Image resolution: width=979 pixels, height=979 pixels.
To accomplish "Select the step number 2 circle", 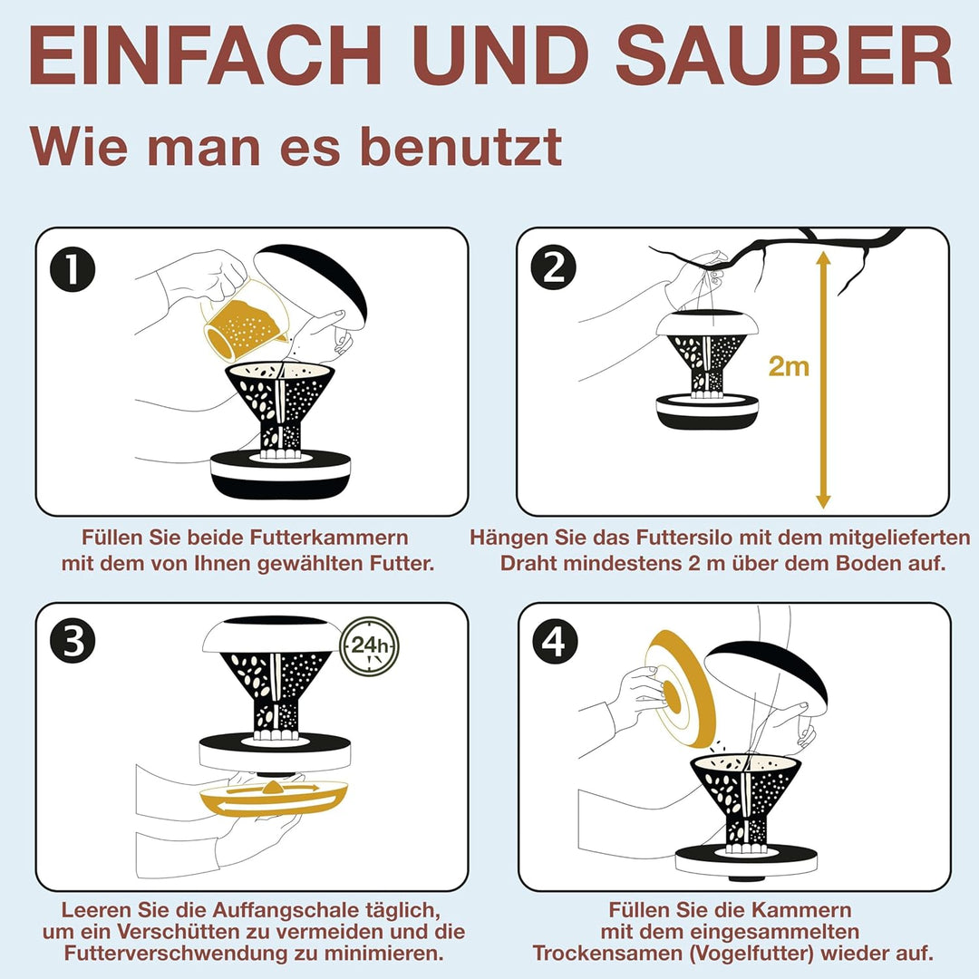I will tap(554, 269).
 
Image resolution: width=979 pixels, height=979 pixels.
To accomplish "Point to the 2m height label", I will tap(788, 366).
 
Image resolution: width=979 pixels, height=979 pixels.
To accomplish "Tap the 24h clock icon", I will tap(368, 645).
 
